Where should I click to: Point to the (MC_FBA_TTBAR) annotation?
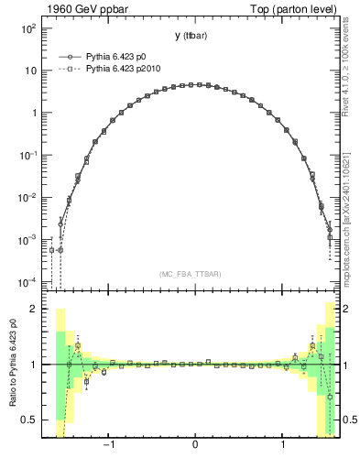click(190, 274)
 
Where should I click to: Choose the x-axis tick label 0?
click(195, 446)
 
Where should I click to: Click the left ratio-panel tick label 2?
click(33, 310)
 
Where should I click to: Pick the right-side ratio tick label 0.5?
click(349, 420)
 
